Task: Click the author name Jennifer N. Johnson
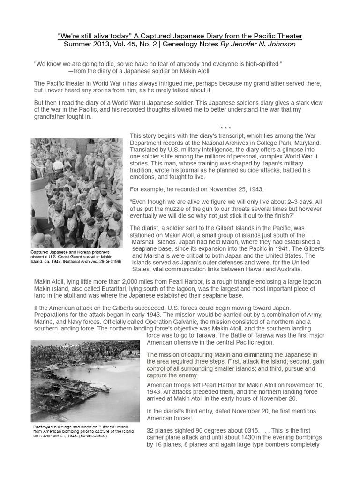coord(268,45)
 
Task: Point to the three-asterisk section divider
coord(225,128)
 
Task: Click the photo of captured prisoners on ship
coord(77,193)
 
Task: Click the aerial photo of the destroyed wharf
coord(85,381)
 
